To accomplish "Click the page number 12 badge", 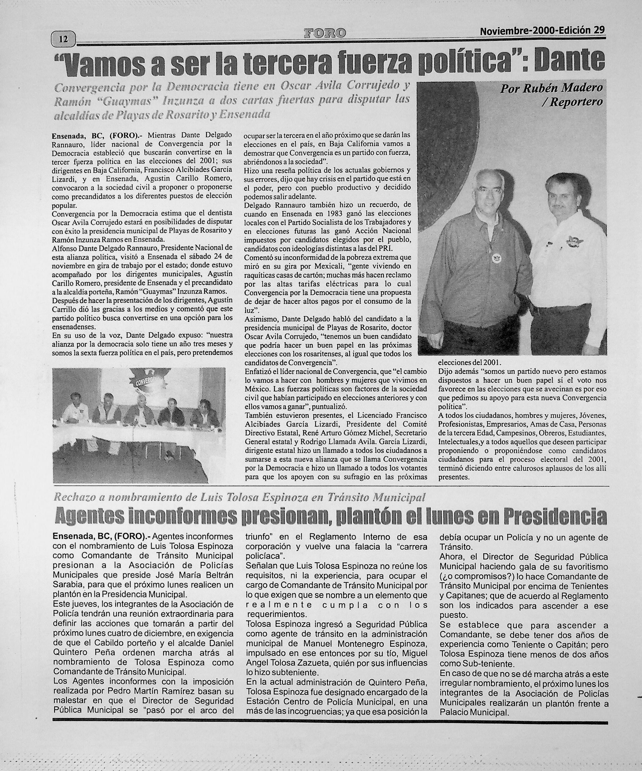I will (x=63, y=39).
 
